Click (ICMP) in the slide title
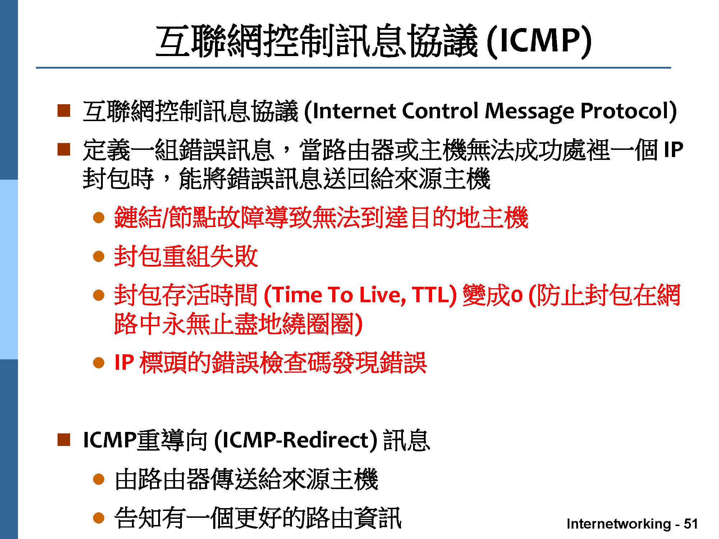coord(539,42)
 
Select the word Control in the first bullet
coord(440,111)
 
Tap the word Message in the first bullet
coord(530,112)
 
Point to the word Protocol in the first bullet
coord(625,111)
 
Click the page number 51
coord(691,524)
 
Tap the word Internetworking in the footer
coord(619,524)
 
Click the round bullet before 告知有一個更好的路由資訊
coord(99,518)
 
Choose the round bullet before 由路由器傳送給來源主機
coord(99,479)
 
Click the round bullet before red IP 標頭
coord(99,363)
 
